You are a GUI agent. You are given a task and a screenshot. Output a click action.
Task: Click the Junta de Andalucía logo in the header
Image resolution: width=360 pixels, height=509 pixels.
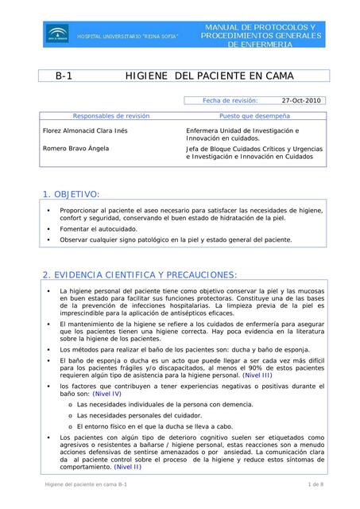pyautogui.click(x=57, y=33)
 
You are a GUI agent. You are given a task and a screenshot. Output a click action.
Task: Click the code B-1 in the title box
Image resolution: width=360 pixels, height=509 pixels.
pyautogui.click(x=64, y=76)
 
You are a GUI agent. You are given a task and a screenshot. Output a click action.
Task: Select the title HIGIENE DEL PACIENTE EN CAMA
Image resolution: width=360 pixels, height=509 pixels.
pyautogui.click(x=210, y=76)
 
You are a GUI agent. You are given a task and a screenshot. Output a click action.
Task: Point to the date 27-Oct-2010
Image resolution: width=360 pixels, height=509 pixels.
pyautogui.click(x=301, y=101)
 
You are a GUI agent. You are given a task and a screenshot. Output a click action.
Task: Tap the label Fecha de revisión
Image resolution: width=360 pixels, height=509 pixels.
pyautogui.click(x=230, y=101)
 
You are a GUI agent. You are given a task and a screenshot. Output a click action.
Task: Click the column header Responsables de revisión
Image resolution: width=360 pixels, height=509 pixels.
pyautogui.click(x=110, y=115)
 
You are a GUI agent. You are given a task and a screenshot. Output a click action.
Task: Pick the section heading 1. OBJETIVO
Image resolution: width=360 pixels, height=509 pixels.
pyautogui.click(x=71, y=194)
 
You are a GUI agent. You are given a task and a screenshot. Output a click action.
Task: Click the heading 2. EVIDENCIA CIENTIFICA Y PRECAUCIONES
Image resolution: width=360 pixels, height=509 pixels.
pyautogui.click(x=139, y=275)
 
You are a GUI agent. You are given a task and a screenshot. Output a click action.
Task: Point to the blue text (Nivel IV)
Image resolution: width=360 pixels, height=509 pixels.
pyautogui.click(x=106, y=394)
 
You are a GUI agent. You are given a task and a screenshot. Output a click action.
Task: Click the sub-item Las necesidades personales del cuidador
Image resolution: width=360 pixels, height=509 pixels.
pyautogui.click(x=139, y=415)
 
